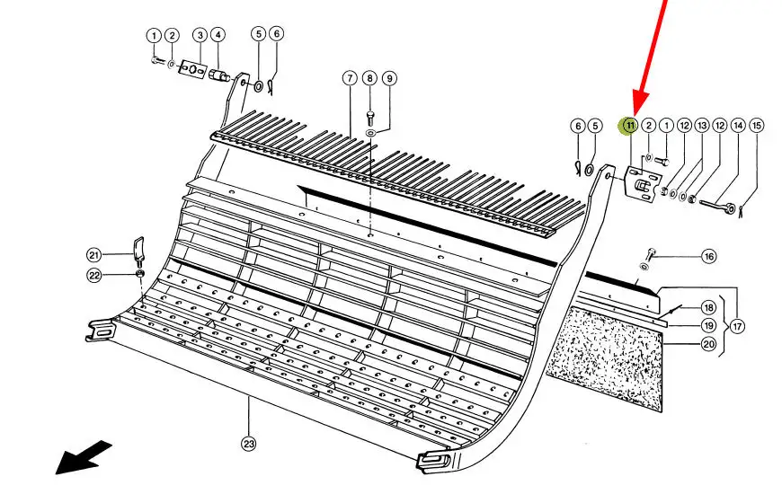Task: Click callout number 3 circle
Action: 200,35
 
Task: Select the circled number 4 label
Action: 218,35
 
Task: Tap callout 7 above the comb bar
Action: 350,78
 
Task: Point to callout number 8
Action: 369,78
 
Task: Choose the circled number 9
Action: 389,78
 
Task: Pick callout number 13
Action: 702,125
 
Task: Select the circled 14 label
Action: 738,125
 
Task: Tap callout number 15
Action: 757,125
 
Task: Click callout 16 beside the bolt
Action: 709,257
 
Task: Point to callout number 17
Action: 737,327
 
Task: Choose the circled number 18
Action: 708,308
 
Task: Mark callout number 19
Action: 708,325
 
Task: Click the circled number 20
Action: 708,343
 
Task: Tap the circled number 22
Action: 118,275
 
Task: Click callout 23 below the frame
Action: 249,441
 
